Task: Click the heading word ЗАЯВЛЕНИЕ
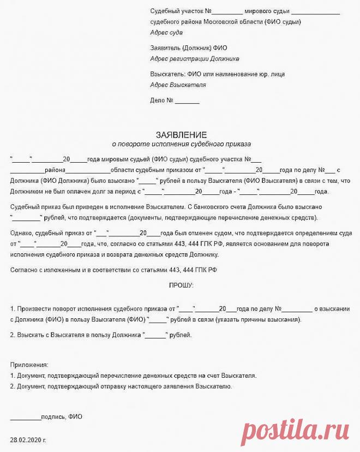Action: click(181, 135)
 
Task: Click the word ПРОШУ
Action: click(181, 286)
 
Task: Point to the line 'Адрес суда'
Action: click(166, 33)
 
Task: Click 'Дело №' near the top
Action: click(161, 100)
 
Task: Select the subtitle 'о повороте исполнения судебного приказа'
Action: click(181, 145)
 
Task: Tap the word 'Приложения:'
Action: click(29, 365)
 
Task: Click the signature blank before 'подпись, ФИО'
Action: click(26, 417)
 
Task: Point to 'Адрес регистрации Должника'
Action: click(194, 58)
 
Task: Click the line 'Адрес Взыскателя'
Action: click(178, 85)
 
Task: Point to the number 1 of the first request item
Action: click(12, 308)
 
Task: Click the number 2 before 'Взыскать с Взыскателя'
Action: click(12, 335)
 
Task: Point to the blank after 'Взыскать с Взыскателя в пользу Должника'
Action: click(155, 335)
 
